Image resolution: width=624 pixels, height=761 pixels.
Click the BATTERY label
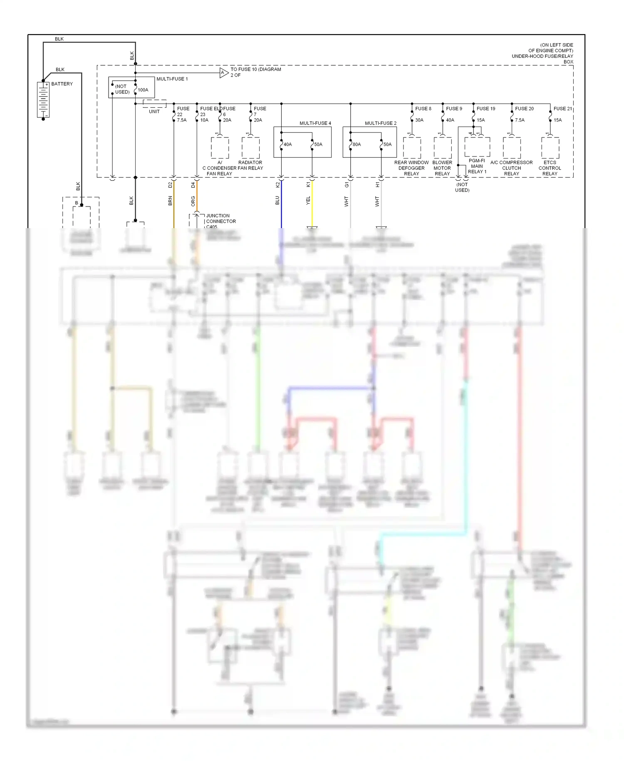(62, 84)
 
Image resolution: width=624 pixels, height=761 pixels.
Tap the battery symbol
(43, 100)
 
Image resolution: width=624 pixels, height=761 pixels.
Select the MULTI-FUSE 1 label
(172, 79)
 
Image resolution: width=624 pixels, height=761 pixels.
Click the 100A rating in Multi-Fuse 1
(143, 90)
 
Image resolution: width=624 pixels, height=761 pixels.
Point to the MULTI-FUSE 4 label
(315, 123)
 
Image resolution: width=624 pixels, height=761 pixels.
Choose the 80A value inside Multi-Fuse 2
(357, 144)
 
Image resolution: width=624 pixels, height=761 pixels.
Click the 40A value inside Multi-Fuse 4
(287, 144)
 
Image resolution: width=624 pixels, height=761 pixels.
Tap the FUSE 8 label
(423, 109)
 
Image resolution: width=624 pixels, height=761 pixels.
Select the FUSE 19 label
(485, 109)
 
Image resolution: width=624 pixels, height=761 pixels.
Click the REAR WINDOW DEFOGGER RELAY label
(411, 168)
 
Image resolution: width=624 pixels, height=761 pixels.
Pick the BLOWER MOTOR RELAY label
(442, 168)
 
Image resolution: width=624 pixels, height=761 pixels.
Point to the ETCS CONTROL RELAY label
(550, 168)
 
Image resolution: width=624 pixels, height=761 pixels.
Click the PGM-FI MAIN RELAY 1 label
(477, 166)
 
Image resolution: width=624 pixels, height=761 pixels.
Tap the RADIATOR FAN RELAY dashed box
(250, 148)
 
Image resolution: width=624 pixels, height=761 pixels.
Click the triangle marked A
(223, 73)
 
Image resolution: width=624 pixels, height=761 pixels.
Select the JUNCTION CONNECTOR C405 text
(220, 221)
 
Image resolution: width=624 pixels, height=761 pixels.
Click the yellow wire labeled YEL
(312, 204)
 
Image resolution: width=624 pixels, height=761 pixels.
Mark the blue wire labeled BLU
(281, 204)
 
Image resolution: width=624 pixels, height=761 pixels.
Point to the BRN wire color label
(170, 201)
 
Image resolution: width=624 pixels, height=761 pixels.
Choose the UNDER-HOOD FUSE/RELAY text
(542, 56)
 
